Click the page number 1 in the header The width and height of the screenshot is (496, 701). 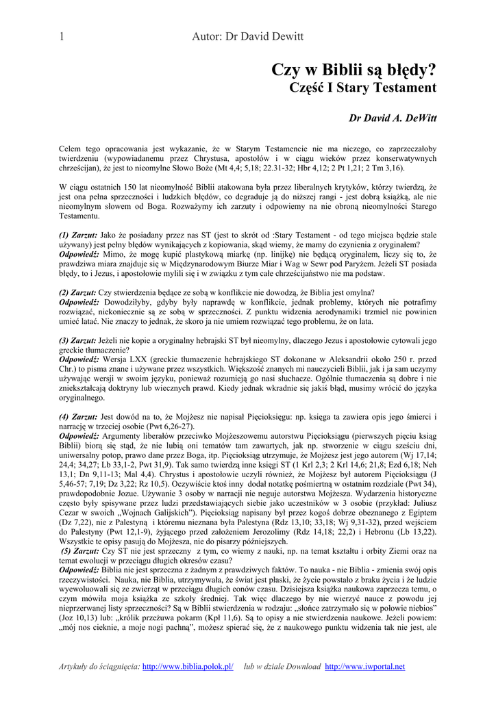[x=62, y=37]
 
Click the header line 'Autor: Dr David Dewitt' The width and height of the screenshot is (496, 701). [x=247, y=37]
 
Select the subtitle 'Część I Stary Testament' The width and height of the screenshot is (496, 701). [x=363, y=88]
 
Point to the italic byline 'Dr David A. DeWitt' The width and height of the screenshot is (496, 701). [x=393, y=118]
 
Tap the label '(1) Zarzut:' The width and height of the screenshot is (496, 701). [x=79, y=235]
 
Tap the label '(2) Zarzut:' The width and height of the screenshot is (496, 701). [x=79, y=292]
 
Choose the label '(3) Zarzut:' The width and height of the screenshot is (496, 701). [x=79, y=340]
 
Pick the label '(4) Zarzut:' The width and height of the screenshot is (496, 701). [x=79, y=416]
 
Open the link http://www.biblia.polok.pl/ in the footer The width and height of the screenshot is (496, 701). [x=188, y=667]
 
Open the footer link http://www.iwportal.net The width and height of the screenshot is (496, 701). [x=364, y=667]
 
